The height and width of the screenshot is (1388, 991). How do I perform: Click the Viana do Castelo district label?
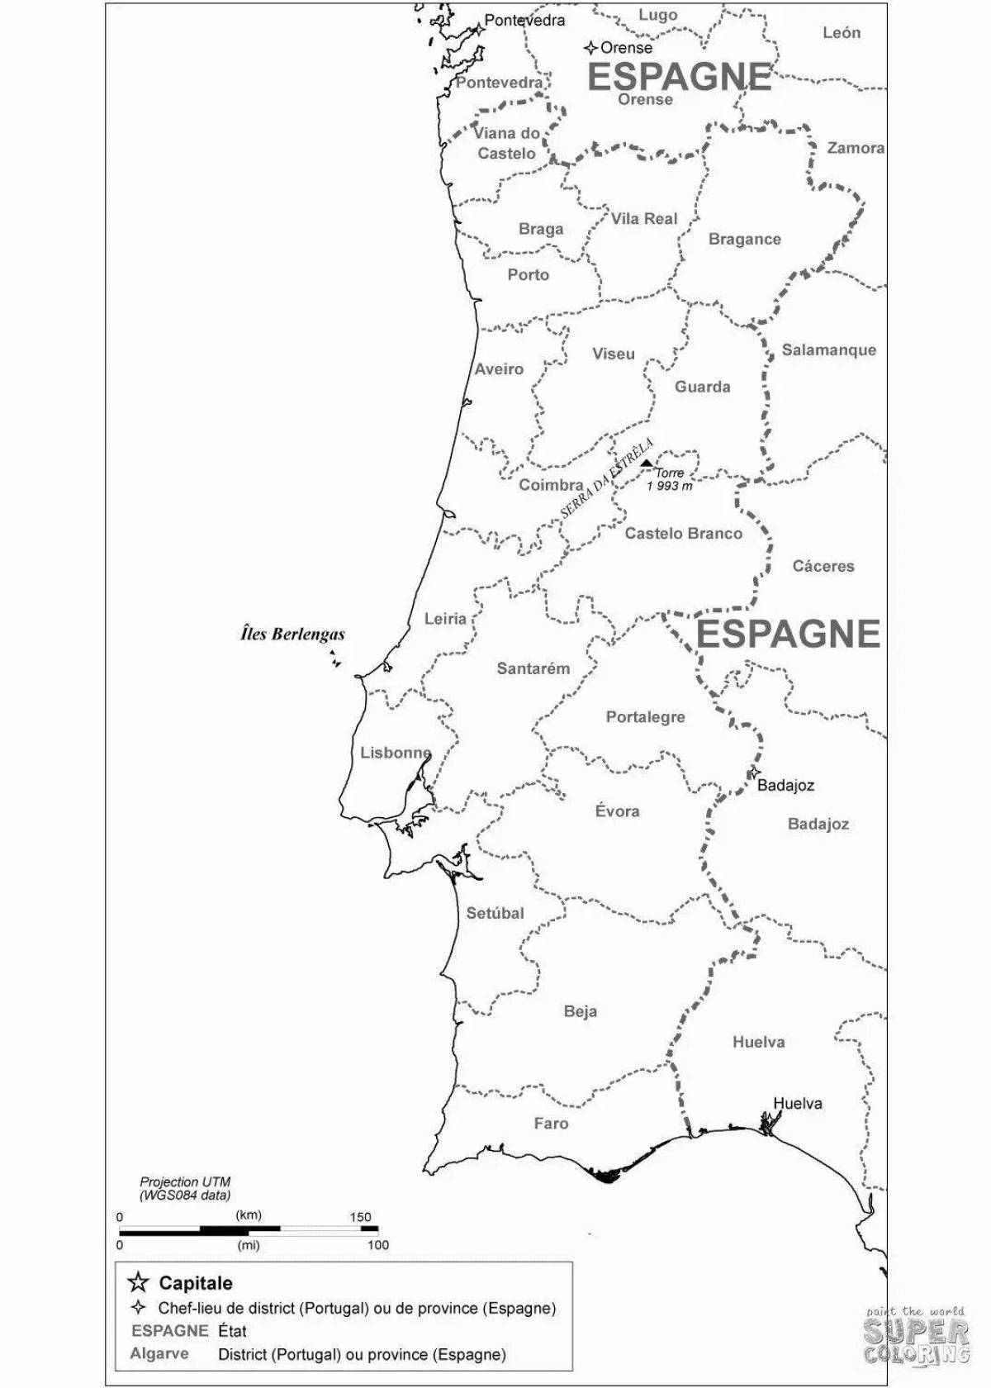coord(506,143)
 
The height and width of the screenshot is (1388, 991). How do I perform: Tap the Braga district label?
coord(541,229)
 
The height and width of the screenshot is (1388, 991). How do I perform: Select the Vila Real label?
coord(644,219)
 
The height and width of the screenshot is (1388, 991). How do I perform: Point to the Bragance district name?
coord(744,240)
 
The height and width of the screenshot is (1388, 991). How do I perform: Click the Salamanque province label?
coord(828,349)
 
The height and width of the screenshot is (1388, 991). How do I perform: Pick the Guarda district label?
coord(702,387)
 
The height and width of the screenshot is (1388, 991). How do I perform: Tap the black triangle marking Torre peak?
coord(646,463)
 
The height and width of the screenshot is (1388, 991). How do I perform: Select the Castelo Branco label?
coord(683,534)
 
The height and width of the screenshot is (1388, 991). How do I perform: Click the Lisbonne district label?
coord(396,753)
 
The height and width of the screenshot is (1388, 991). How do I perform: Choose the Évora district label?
coord(617,811)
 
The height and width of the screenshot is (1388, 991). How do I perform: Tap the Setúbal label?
coord(495,913)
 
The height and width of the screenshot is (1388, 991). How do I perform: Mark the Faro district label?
coord(551,1124)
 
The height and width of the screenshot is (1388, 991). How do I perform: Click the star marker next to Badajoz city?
coord(753,772)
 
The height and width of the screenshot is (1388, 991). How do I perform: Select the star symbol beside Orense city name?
coord(590,48)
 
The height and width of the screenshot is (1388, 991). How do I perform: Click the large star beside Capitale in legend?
coord(139,1282)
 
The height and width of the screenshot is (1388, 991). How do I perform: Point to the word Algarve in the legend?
coord(159,1353)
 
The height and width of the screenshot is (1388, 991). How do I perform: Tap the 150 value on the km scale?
coord(360,1217)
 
